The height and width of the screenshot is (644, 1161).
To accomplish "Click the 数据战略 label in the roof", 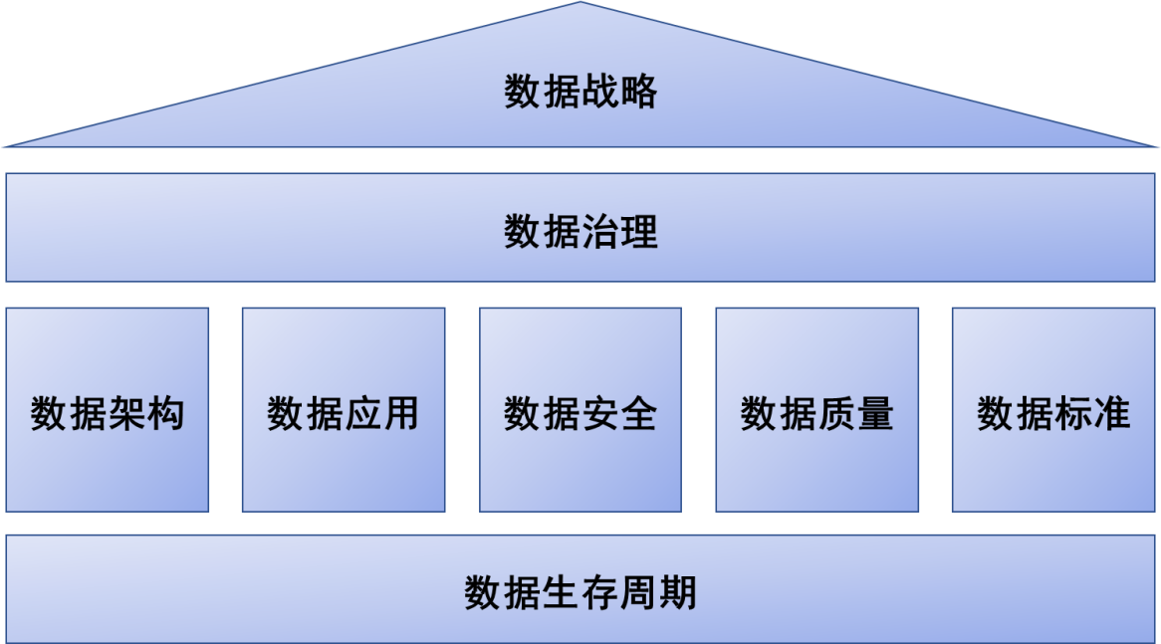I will click(x=580, y=93).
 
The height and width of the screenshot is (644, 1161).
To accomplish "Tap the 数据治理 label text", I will click(x=580, y=233).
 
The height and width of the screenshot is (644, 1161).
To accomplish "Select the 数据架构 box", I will click(x=108, y=409).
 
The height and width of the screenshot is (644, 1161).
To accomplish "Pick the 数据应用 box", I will click(x=344, y=409).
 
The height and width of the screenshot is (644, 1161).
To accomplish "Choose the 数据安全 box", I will click(x=580, y=409).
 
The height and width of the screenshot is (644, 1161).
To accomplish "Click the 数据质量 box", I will click(x=816, y=409).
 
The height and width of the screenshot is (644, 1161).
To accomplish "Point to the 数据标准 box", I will click(x=1053, y=409).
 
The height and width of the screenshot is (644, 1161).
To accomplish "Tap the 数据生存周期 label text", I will click(x=580, y=592).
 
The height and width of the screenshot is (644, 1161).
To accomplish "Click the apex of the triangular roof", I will click(x=580, y=5).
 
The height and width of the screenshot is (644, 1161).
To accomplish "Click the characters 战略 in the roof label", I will click(x=619, y=93).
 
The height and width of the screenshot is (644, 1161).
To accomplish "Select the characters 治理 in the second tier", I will click(x=619, y=233).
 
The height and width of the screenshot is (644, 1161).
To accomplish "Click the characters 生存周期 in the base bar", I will click(x=619, y=592).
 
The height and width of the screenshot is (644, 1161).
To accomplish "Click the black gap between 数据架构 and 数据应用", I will click(x=226, y=409).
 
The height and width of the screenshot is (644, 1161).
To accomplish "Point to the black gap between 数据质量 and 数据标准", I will click(x=935, y=409).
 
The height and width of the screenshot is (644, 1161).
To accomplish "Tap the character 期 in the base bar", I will click(x=678, y=592).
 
